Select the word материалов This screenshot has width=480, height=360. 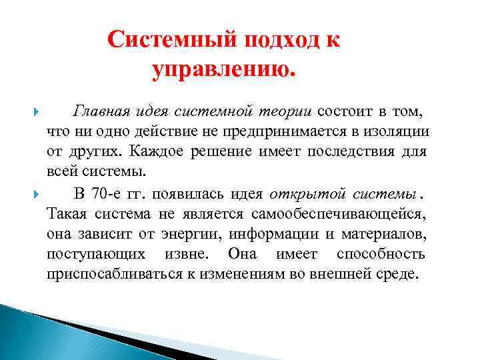pos(385,235)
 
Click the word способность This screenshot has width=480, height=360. pos(381,255)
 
